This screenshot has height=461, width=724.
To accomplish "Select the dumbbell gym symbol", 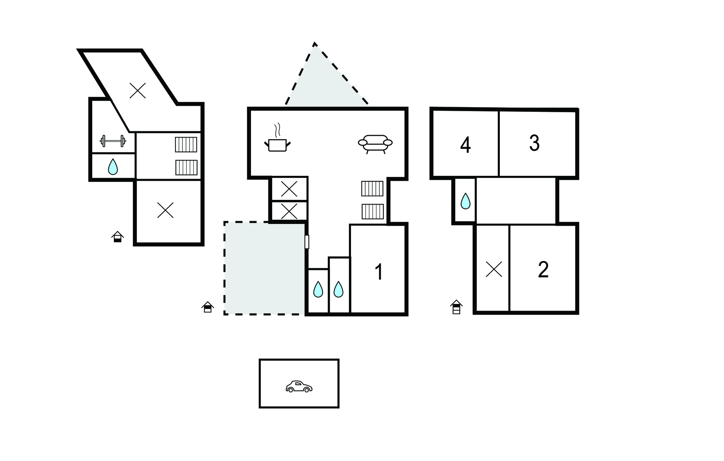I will [x=113, y=141].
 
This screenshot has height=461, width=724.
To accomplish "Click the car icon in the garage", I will [x=299, y=386].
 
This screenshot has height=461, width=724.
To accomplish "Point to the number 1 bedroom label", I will [x=379, y=272].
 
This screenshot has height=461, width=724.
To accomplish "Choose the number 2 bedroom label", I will [x=543, y=270].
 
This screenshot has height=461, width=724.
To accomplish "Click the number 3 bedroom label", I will [x=534, y=143].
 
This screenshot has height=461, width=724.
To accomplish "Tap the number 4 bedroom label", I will [x=465, y=145].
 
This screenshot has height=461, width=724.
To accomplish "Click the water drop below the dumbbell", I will [x=113, y=167].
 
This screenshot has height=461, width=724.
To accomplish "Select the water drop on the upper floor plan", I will [x=465, y=201].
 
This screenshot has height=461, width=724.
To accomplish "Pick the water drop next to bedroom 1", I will [x=338, y=289].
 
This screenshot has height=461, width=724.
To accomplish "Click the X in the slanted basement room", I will [x=138, y=91].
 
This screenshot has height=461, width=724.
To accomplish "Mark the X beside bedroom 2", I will [x=494, y=269].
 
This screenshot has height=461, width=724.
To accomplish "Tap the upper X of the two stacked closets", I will [x=289, y=189].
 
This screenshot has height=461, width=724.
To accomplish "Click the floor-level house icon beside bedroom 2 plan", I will [x=456, y=307].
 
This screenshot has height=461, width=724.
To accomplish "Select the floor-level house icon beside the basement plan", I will [x=117, y=237].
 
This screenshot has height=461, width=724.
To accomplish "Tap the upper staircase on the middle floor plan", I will [x=372, y=189].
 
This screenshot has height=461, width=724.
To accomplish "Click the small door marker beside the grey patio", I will [x=306, y=242].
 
